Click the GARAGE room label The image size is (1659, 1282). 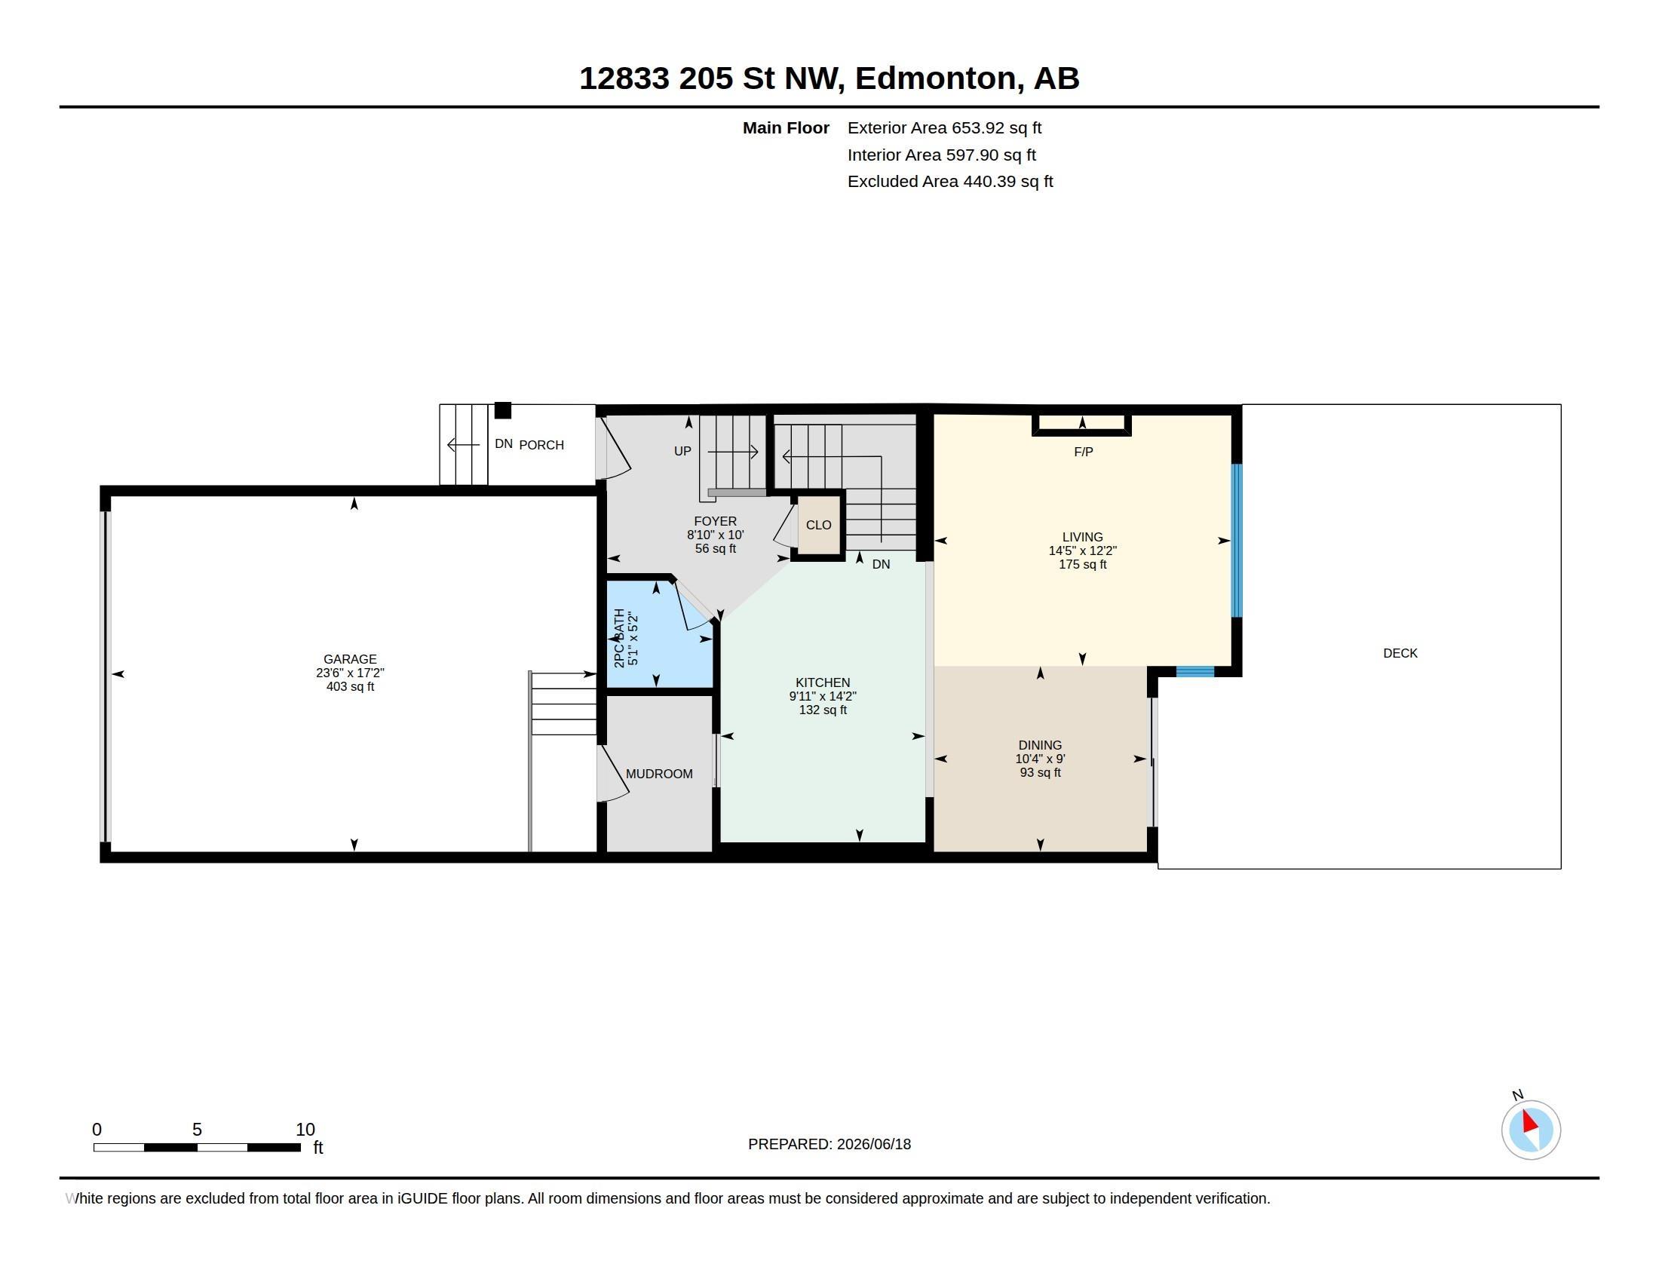[x=349, y=659]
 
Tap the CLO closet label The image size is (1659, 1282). [x=818, y=525]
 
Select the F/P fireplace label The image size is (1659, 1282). [x=1083, y=452]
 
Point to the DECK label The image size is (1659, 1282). [x=1400, y=653]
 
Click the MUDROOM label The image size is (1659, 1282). [x=658, y=774]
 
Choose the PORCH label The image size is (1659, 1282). [x=541, y=445]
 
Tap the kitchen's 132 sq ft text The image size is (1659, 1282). [x=823, y=710]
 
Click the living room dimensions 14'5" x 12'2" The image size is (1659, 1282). [x=1082, y=551]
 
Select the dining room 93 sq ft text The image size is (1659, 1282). [x=1040, y=772]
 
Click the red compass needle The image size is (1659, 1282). [x=1529, y=1122]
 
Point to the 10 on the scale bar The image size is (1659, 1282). [x=305, y=1130]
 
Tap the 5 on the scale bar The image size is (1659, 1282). [x=197, y=1130]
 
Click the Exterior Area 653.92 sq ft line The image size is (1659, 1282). [x=944, y=128]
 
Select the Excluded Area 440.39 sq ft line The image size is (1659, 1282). [x=950, y=182]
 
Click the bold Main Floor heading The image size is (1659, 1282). [x=786, y=128]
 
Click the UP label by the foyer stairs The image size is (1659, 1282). [x=682, y=451]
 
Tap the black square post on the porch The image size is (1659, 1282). [x=503, y=410]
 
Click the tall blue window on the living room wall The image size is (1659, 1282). [x=1236, y=540]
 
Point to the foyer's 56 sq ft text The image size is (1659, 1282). [x=715, y=548]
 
